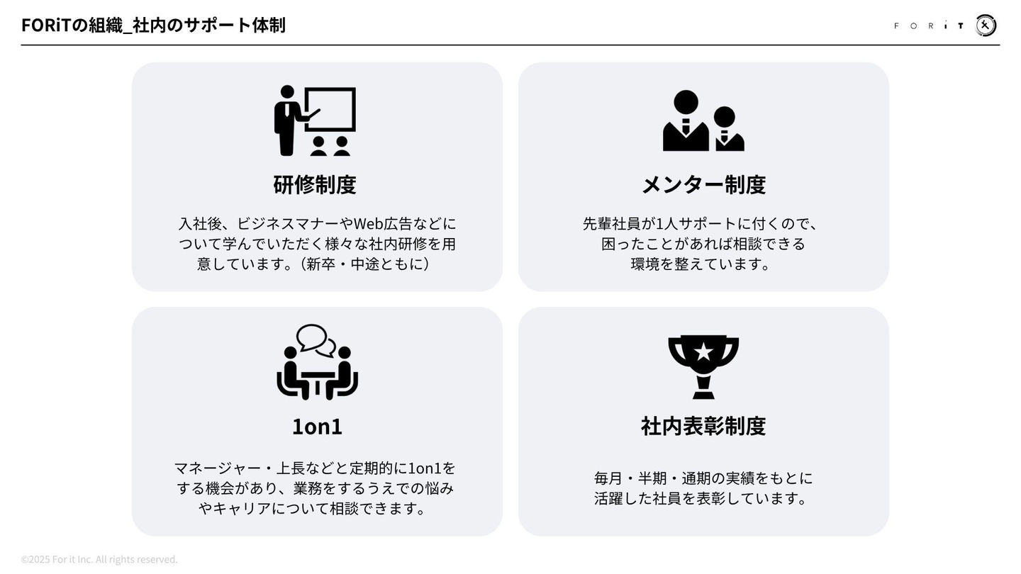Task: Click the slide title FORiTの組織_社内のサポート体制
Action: click(x=153, y=25)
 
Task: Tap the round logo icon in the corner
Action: click(x=986, y=26)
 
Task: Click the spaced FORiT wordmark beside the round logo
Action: click(x=929, y=26)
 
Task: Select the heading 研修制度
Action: click(x=315, y=184)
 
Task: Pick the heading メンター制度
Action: click(x=703, y=184)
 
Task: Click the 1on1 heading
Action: click(x=317, y=426)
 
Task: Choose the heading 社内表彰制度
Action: click(x=703, y=426)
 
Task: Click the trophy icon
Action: click(x=703, y=366)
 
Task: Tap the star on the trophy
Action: click(x=703, y=351)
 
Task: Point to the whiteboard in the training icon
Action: click(x=330, y=109)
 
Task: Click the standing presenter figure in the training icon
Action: click(x=287, y=120)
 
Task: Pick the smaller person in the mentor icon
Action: click(x=726, y=129)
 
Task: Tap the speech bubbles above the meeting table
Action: click(x=316, y=340)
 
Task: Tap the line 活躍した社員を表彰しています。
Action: click(x=702, y=498)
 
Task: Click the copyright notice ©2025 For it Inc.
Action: click(x=99, y=559)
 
